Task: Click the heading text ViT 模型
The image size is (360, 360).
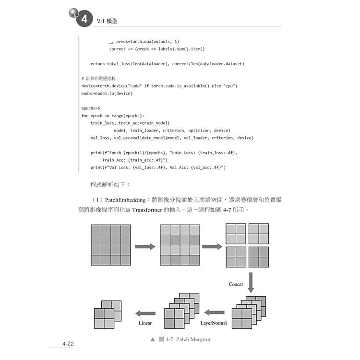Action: pos(108,21)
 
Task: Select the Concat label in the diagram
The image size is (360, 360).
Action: pos(236,284)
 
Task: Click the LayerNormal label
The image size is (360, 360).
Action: pos(214,323)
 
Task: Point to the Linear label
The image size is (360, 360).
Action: pos(145,323)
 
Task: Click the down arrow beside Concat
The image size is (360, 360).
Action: pos(251,282)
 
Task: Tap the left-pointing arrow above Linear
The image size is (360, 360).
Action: pos(144,312)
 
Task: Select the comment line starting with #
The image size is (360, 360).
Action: pos(98,78)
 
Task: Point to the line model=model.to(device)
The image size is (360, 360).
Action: pos(107,93)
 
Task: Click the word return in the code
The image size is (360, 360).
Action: pos(97,63)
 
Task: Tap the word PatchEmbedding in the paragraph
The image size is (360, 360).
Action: pos(127,199)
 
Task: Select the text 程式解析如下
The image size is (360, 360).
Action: pos(110,184)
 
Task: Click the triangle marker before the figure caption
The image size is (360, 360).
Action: pos(153,339)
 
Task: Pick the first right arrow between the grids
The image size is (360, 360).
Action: pos(144,246)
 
